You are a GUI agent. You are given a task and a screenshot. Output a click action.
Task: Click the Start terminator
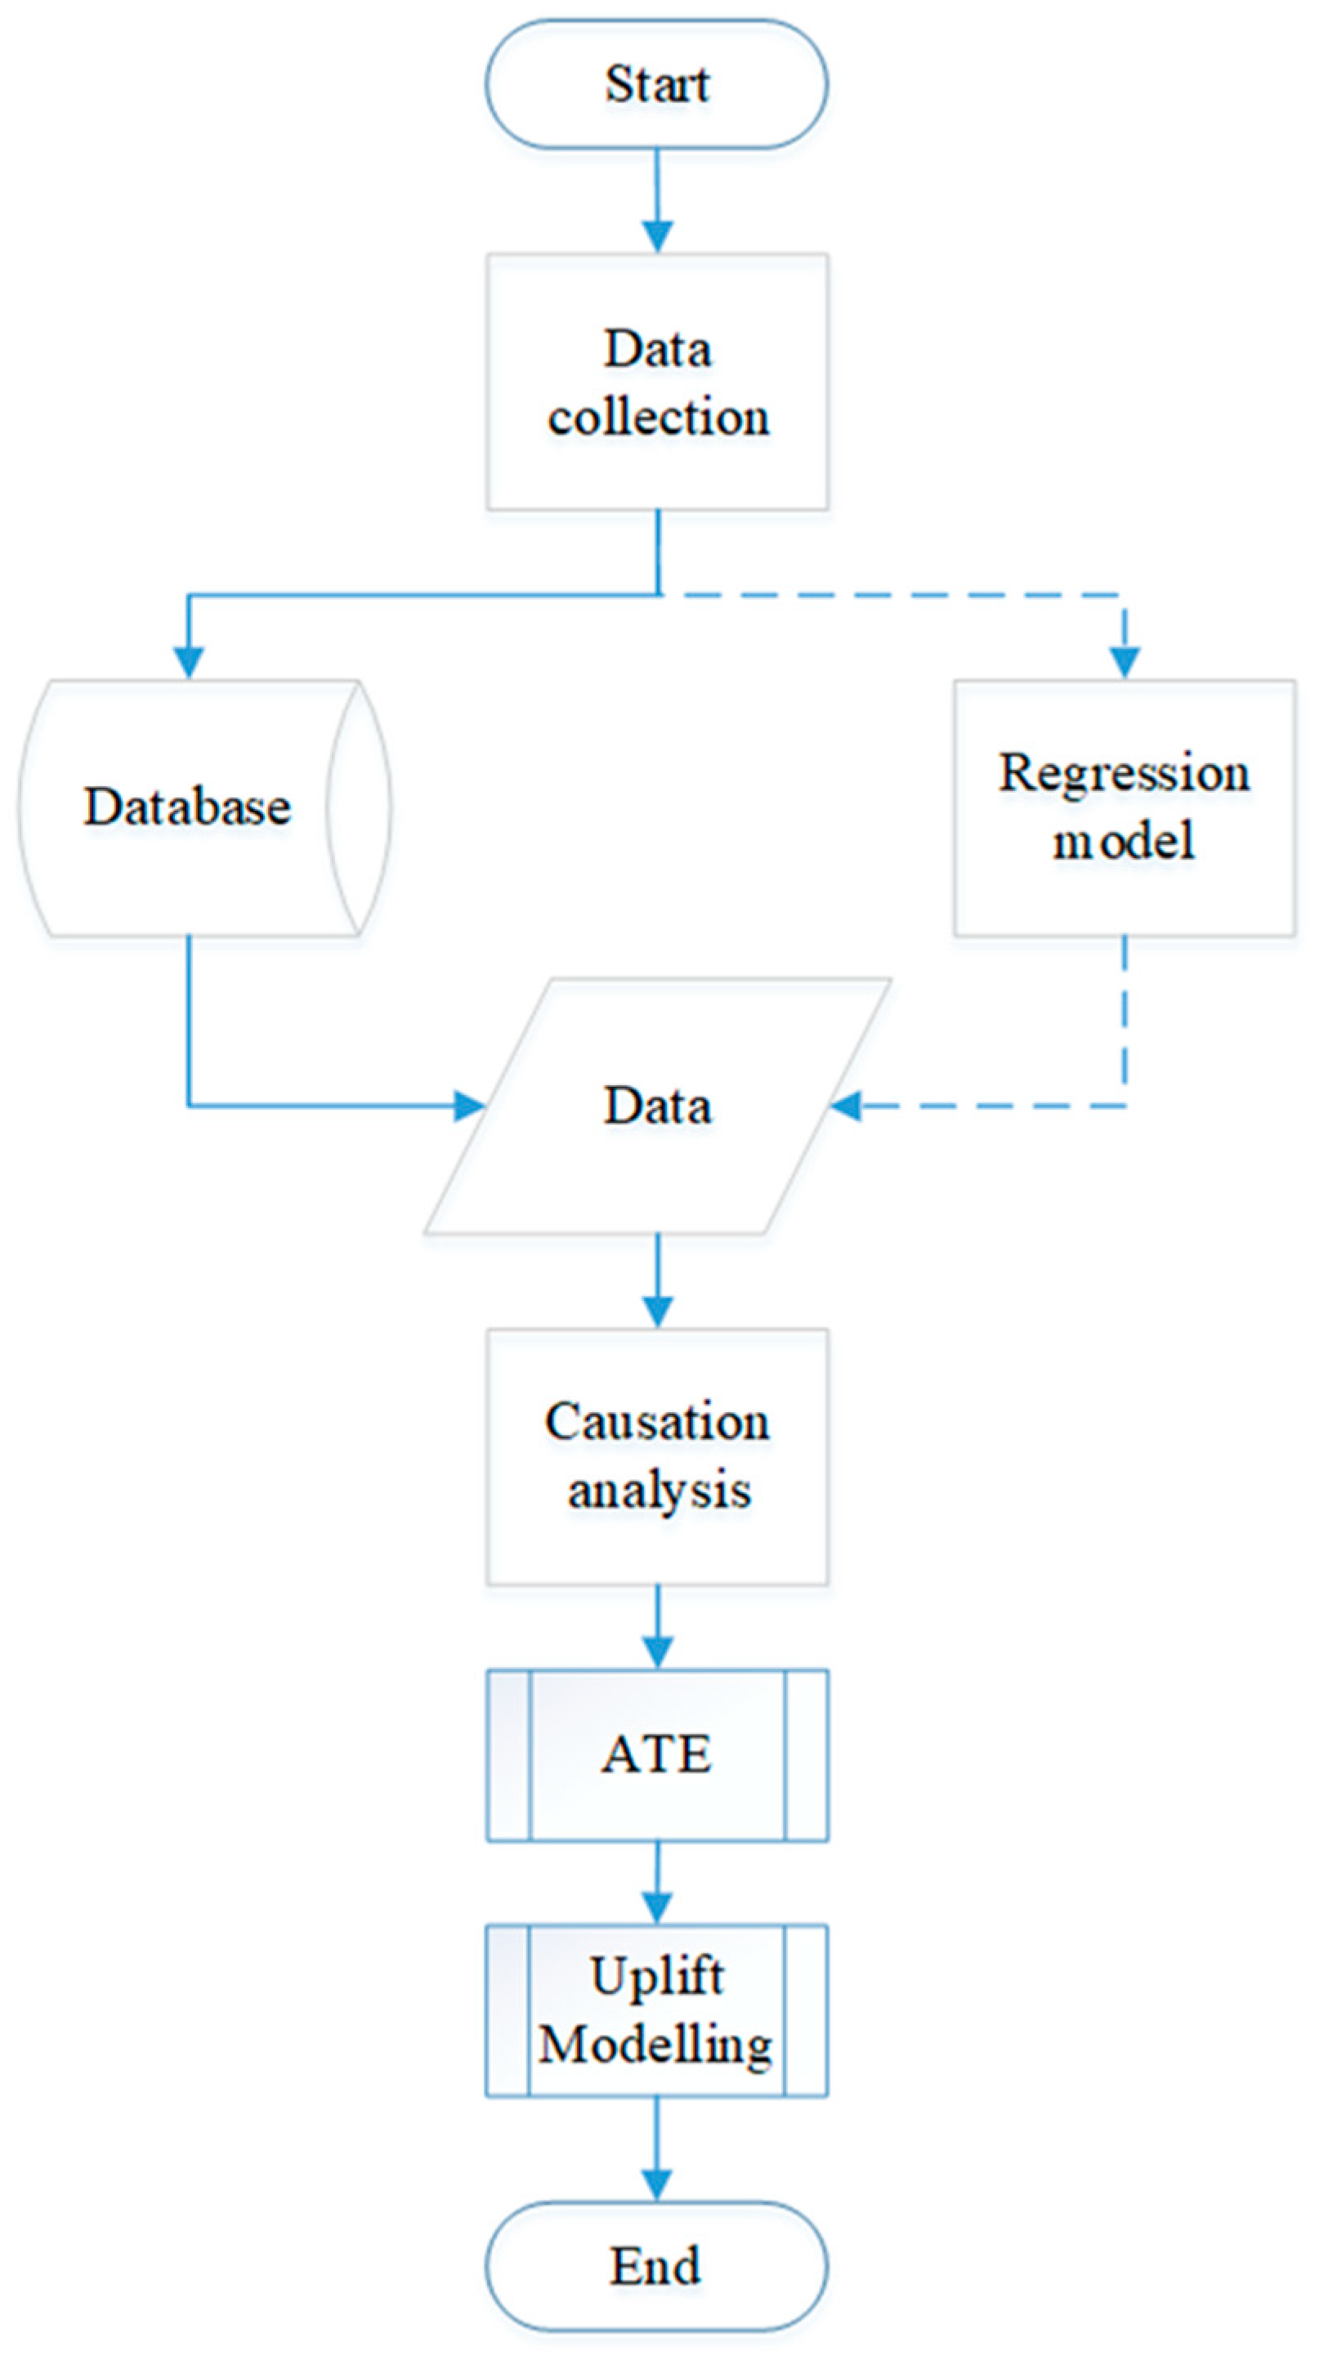click(657, 84)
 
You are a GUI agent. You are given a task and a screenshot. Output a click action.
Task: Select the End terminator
click(657, 2265)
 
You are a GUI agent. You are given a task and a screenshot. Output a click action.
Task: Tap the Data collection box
click(657, 382)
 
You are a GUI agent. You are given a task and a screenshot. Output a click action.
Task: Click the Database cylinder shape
click(187, 807)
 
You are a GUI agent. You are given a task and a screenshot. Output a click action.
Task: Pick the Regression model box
click(1125, 807)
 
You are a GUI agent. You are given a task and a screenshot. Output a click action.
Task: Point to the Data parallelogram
click(657, 1106)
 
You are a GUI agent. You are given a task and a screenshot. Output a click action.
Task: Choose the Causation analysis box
click(657, 1456)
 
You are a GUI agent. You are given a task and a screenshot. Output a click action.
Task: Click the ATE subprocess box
click(657, 1755)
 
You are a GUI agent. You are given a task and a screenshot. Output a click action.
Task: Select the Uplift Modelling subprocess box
click(657, 2010)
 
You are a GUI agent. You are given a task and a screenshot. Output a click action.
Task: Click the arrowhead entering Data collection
click(658, 237)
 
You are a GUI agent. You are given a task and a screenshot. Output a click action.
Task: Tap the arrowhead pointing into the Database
click(189, 662)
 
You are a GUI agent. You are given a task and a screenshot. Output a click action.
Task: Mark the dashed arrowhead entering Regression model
click(1125, 662)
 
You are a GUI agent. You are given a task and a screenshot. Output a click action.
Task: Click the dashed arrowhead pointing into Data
click(846, 1106)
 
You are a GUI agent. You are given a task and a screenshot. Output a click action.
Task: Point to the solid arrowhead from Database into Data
click(469, 1106)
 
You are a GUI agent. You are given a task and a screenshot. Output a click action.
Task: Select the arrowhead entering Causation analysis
click(658, 1312)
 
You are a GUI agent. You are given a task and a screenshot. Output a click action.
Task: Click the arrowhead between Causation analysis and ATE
click(658, 1652)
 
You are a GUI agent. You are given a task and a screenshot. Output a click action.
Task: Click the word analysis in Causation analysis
click(659, 1490)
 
